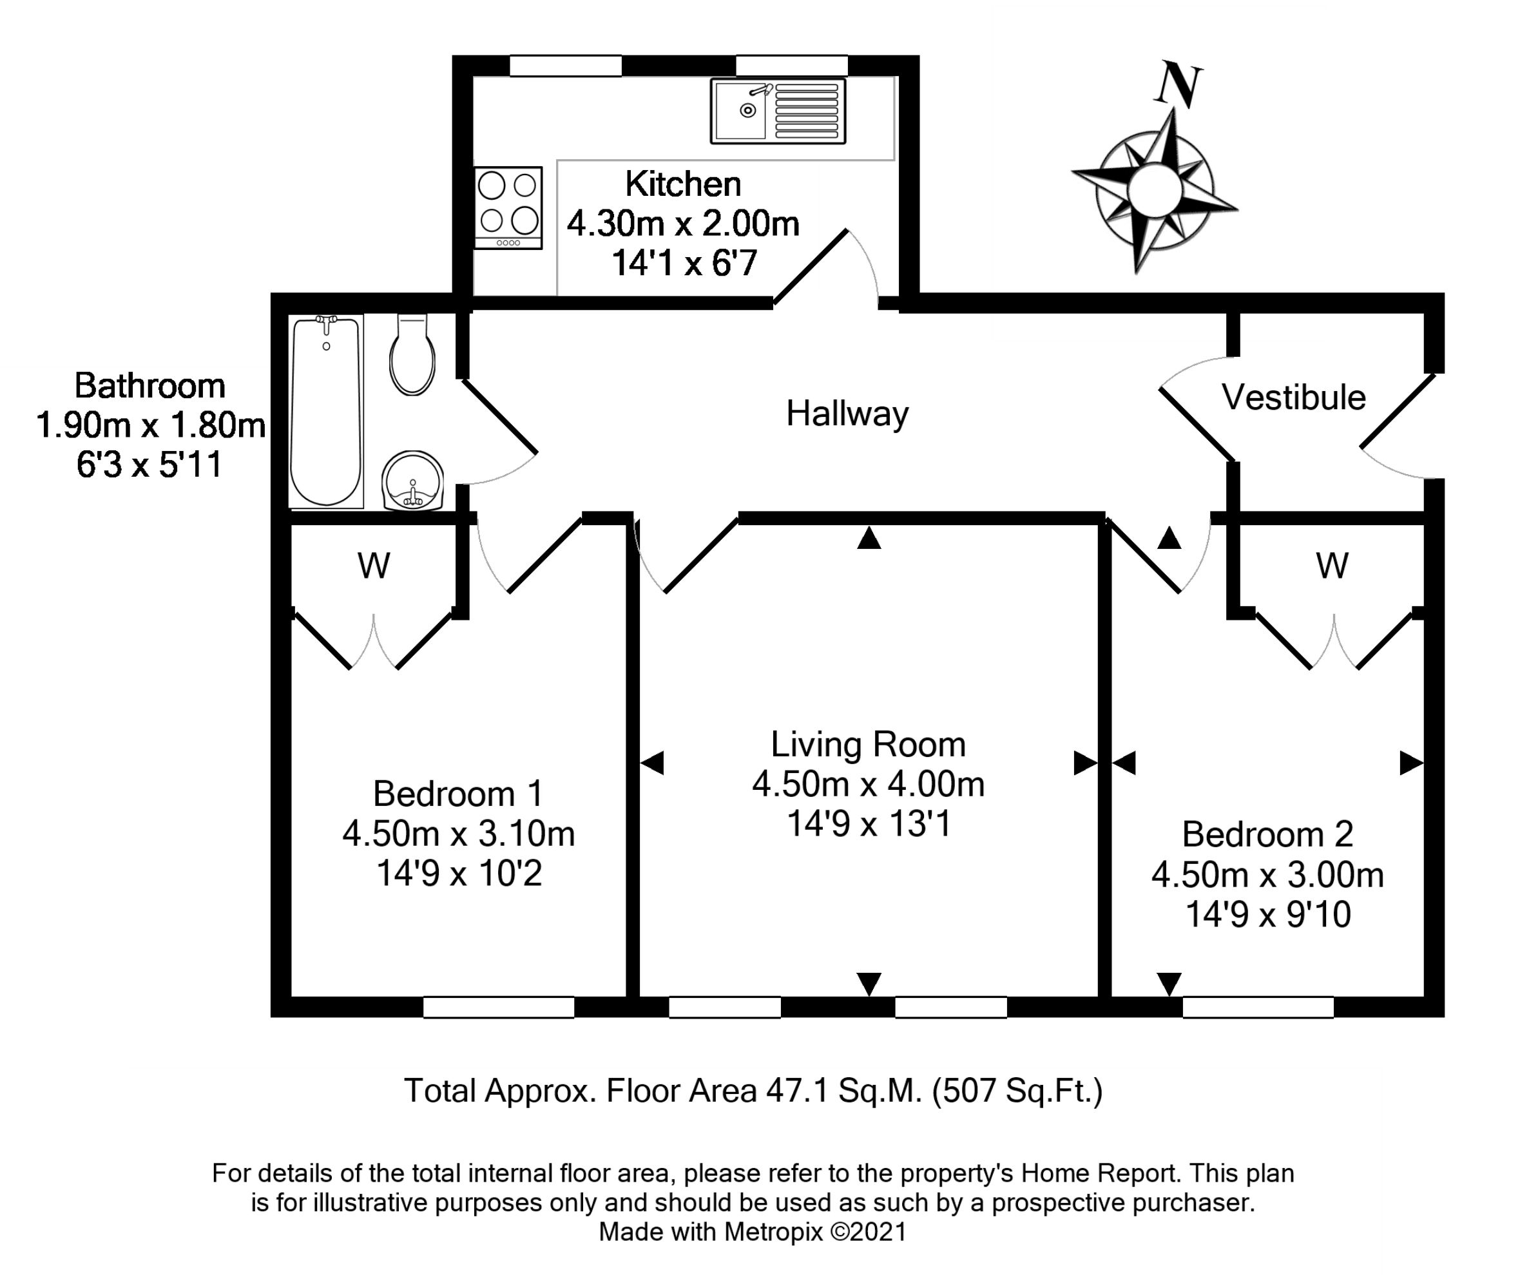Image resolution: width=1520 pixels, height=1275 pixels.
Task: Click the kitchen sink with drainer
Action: coord(778,111)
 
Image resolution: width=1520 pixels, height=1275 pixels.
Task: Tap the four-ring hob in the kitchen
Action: coord(508,207)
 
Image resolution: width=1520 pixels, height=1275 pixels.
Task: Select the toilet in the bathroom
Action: coord(412,357)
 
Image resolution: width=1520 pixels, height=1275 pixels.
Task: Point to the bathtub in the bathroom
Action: coord(326,411)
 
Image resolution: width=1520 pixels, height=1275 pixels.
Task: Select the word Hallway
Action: coord(847,414)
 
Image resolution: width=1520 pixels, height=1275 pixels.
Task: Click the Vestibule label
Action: coord(1293,398)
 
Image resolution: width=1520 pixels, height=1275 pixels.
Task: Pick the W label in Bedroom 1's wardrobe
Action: coord(374,566)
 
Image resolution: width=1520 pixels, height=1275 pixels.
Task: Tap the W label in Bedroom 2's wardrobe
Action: coord(1332,566)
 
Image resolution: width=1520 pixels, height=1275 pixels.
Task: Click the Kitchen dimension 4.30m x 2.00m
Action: coord(682,224)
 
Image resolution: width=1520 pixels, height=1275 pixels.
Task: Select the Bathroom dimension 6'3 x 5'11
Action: coord(149,465)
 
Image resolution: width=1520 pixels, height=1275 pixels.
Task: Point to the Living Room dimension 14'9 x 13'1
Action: coord(868,823)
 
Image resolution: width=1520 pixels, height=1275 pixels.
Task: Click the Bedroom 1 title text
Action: coord(457,794)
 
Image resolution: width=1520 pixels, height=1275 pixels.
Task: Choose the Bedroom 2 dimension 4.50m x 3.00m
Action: coord(1267,875)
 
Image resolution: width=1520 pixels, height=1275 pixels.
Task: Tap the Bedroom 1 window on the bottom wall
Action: coord(499,1006)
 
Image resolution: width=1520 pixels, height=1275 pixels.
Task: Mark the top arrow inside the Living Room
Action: coord(869,538)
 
